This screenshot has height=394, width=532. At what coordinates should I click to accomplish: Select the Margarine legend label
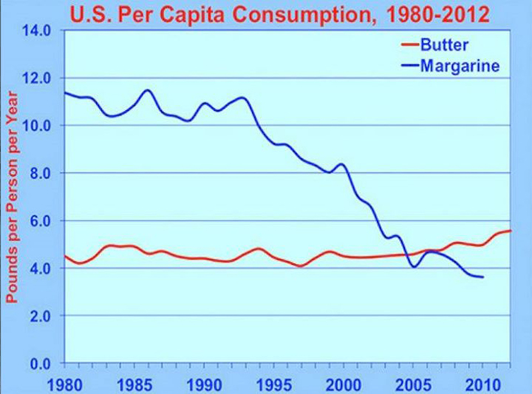(x=460, y=65)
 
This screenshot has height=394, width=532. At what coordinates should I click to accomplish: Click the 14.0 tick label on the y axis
(x=36, y=31)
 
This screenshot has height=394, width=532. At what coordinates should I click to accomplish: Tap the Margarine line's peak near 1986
(x=147, y=90)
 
